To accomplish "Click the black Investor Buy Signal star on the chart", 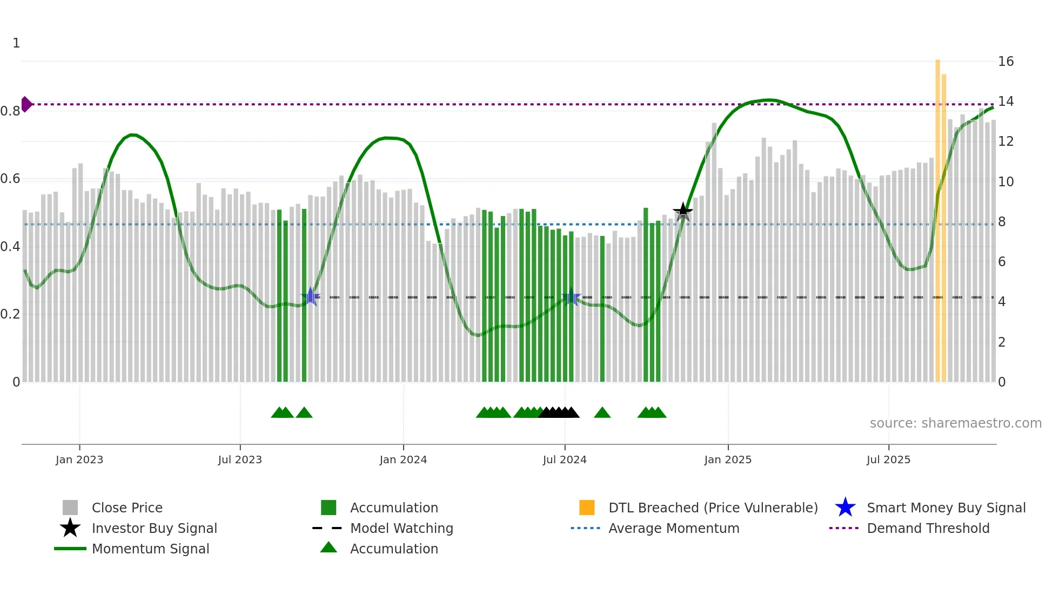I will [682, 212].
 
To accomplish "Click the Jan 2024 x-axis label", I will [403, 460].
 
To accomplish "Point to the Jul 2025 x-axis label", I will [888, 460].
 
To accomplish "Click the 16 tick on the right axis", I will [1006, 62].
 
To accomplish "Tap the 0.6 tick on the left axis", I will [10, 179].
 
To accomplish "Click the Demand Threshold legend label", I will [928, 529].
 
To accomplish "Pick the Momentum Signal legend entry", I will [150, 549].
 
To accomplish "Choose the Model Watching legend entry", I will [401, 529].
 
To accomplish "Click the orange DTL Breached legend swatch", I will [587, 508].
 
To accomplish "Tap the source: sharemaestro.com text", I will [955, 423].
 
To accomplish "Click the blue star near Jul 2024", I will [571, 297].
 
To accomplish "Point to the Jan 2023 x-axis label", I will [79, 460].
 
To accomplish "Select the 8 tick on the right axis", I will [1002, 222].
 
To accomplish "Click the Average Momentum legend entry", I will [673, 529].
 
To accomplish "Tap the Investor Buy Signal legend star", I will [70, 528].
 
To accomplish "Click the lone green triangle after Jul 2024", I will [602, 413].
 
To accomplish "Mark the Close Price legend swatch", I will [70, 508].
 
